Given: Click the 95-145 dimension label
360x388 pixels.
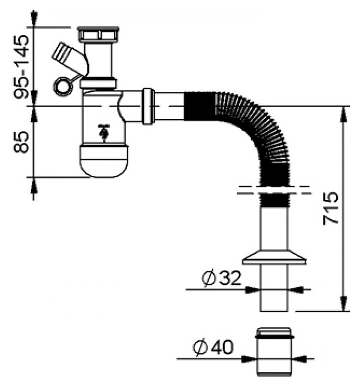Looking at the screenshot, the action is pos(22,67).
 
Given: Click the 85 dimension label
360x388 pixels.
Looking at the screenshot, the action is pos(21,142).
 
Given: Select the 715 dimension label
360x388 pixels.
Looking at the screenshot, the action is pos(330,208).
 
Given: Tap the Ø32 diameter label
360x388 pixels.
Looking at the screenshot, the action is pos(221,279).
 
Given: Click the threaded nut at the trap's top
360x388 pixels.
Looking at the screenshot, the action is pos(98,34).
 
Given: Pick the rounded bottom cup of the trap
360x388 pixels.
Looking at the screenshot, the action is pos(104,161).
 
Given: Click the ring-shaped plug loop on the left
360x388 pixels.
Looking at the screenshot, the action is pos(63,86).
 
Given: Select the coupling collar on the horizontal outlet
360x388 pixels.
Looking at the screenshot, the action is pos(148,106).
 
